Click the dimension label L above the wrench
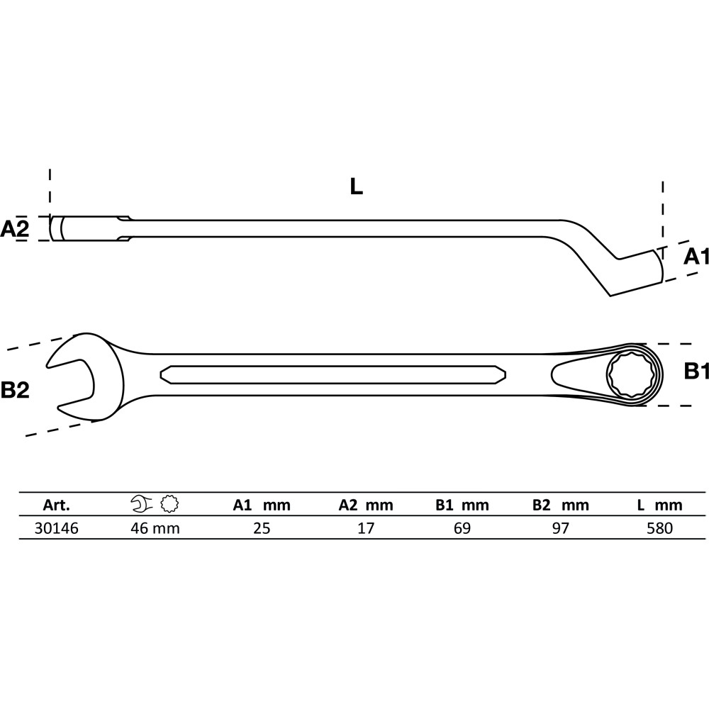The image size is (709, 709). [x=357, y=186]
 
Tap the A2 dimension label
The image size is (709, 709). [x=14, y=229]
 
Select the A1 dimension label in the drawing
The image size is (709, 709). [x=696, y=257]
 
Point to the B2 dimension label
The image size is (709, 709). [x=15, y=390]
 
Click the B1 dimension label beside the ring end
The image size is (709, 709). [x=696, y=372]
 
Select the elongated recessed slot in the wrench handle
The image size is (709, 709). [x=333, y=374]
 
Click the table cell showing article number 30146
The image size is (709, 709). [x=57, y=528]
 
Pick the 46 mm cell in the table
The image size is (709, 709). [x=155, y=528]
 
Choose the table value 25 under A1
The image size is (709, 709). [x=262, y=528]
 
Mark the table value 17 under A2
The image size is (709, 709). [x=366, y=528]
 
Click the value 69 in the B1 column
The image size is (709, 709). [x=462, y=528]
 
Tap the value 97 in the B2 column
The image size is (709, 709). [x=561, y=528]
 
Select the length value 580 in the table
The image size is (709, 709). [x=659, y=528]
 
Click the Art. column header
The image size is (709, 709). [x=57, y=505]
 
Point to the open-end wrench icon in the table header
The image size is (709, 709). [x=143, y=504]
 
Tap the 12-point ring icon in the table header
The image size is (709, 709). [x=169, y=504]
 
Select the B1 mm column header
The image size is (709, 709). [x=462, y=505]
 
